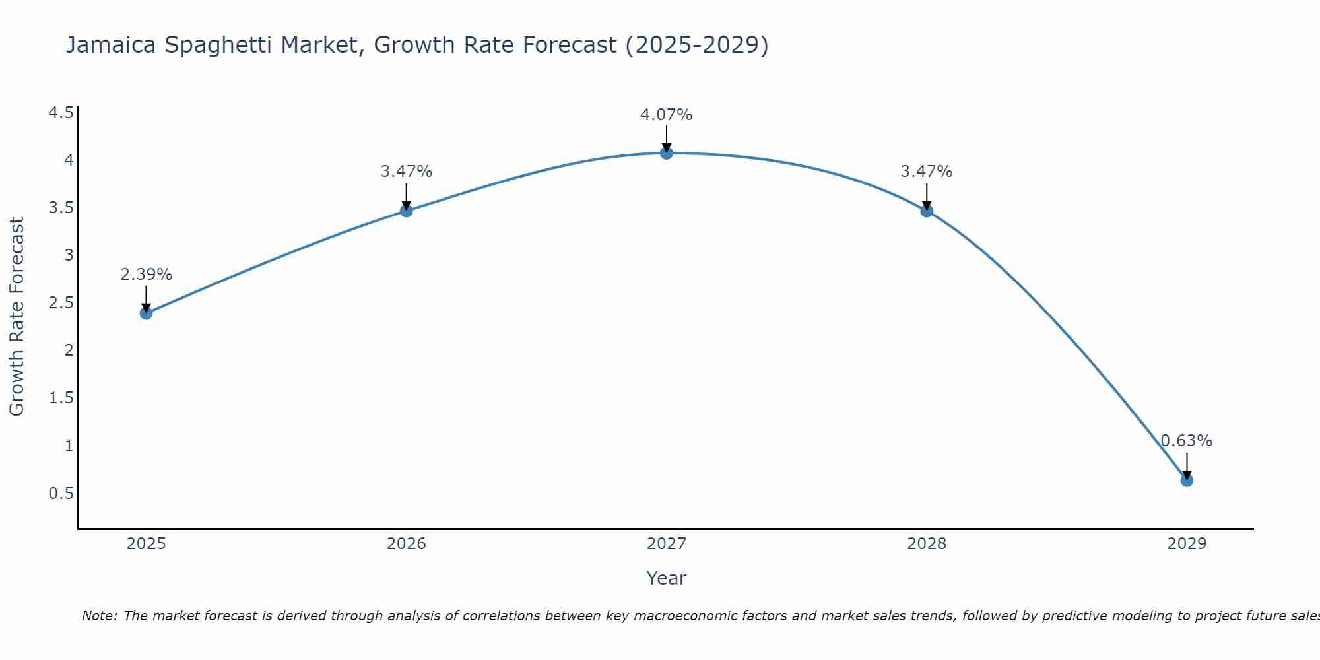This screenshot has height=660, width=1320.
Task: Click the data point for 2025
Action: (x=146, y=313)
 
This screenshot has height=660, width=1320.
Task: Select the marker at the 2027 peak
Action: (x=667, y=153)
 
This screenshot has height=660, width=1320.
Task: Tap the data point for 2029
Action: (x=1187, y=480)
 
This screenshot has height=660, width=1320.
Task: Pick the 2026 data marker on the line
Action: (x=407, y=211)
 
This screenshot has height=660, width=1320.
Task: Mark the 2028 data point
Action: (x=927, y=211)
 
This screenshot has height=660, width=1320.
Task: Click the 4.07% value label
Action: (x=667, y=115)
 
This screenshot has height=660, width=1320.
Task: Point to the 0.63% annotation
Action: (x=1187, y=441)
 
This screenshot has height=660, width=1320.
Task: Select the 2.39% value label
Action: (x=147, y=274)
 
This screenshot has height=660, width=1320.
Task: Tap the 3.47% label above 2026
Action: (x=407, y=172)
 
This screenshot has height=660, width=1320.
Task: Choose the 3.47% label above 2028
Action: (x=927, y=172)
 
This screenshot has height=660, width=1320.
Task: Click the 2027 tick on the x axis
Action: (x=667, y=544)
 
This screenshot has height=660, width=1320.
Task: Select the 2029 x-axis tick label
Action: (x=1187, y=544)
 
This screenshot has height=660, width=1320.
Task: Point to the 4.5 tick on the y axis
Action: (x=61, y=113)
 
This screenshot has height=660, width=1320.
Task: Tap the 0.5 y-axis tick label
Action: (x=61, y=494)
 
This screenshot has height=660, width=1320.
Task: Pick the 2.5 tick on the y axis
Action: (x=61, y=303)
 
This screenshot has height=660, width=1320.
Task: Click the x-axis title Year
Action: (x=667, y=578)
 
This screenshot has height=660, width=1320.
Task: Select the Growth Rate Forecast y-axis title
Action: (x=17, y=317)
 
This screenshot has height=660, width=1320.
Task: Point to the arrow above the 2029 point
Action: (x=1187, y=466)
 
